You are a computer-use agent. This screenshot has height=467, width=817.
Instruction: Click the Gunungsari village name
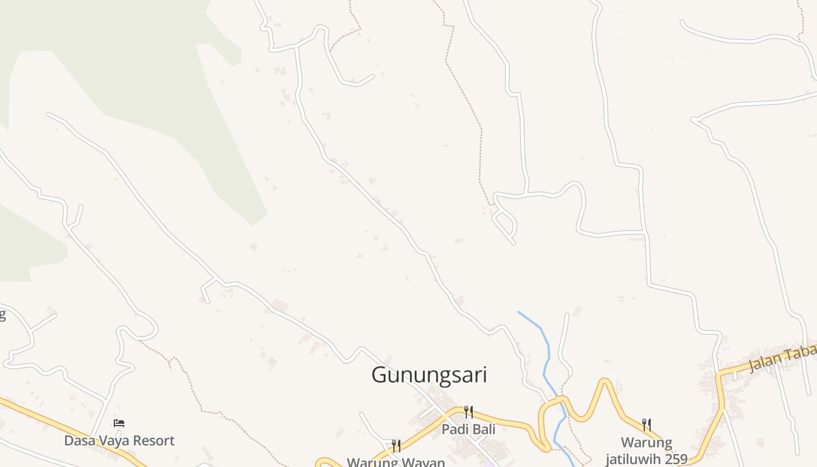click(x=429, y=375)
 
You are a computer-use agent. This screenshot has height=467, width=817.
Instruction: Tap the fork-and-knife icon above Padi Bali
click(x=468, y=412)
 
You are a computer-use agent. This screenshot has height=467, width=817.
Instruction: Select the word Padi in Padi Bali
click(x=454, y=430)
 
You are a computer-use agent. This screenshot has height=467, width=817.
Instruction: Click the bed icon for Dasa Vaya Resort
click(x=119, y=423)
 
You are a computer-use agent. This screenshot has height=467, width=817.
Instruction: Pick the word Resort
click(x=155, y=441)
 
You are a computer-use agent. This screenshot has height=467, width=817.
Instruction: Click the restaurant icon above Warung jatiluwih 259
click(x=647, y=424)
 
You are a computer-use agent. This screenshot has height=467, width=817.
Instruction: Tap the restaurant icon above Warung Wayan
click(x=396, y=446)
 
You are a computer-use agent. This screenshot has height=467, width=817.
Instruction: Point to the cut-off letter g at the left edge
click(x=2, y=316)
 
